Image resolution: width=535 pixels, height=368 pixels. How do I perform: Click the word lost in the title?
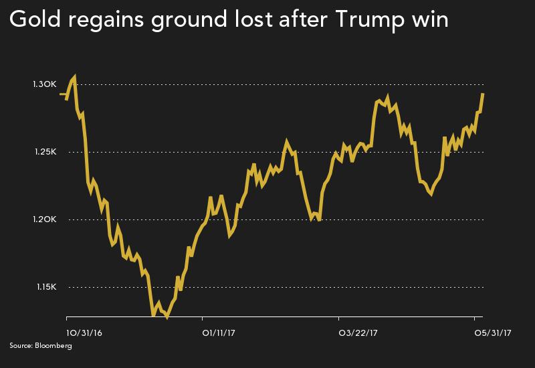253,23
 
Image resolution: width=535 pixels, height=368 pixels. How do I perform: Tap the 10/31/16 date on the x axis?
83,331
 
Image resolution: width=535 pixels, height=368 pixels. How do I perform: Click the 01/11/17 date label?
218,331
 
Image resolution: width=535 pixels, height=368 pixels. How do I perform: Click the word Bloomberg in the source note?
56,346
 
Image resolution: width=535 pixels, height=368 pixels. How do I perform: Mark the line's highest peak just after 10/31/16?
74,77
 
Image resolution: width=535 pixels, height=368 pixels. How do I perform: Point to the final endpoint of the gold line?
483,94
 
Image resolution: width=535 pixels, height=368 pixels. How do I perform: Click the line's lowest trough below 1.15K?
167,316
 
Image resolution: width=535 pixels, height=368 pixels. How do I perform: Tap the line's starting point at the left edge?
61,94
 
